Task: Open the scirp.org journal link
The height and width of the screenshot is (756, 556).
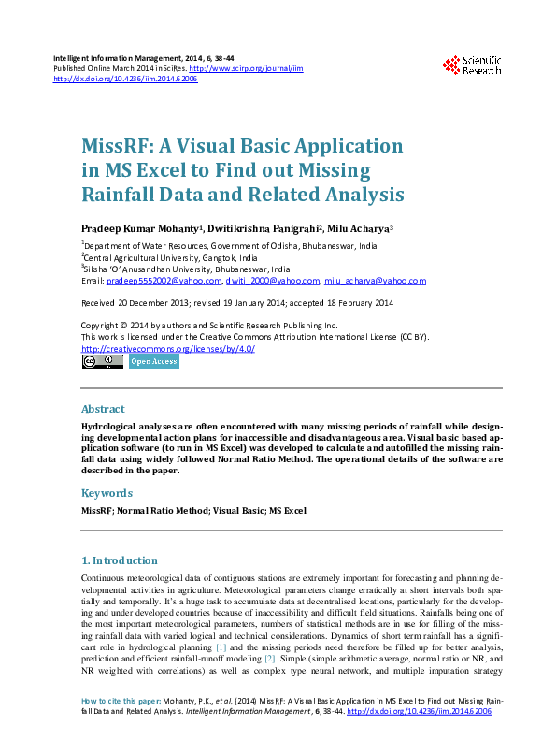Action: tap(246, 68)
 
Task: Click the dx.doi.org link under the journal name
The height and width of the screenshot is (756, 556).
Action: tap(125, 80)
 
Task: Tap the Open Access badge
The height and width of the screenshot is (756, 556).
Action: tap(153, 361)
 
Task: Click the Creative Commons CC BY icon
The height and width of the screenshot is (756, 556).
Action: tap(102, 361)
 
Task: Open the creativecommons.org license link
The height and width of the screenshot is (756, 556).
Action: tap(168, 348)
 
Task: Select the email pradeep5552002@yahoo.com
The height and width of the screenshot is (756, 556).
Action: tap(164, 281)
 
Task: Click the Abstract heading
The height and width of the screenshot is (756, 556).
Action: tap(103, 409)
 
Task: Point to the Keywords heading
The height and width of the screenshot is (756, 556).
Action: tap(107, 492)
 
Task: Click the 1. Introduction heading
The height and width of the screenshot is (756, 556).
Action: tap(119, 560)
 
